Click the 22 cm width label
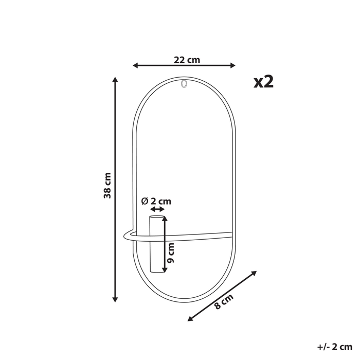186,60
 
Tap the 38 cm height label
107,186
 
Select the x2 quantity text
263,81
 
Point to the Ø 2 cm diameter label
156,201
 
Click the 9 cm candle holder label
172,253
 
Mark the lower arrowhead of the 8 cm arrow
190,318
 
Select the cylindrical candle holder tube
154,245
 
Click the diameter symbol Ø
145,201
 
